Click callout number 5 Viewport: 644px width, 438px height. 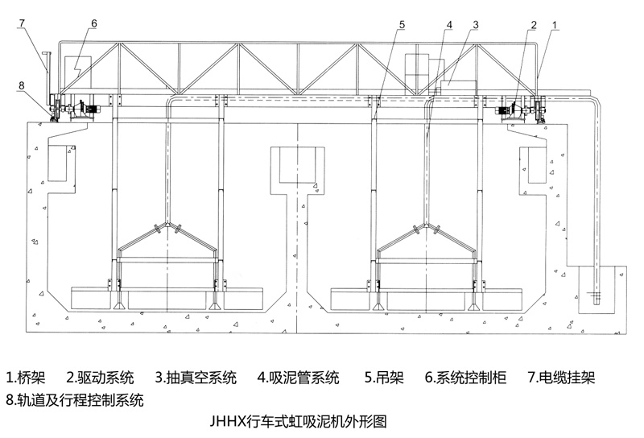(x=401, y=25)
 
